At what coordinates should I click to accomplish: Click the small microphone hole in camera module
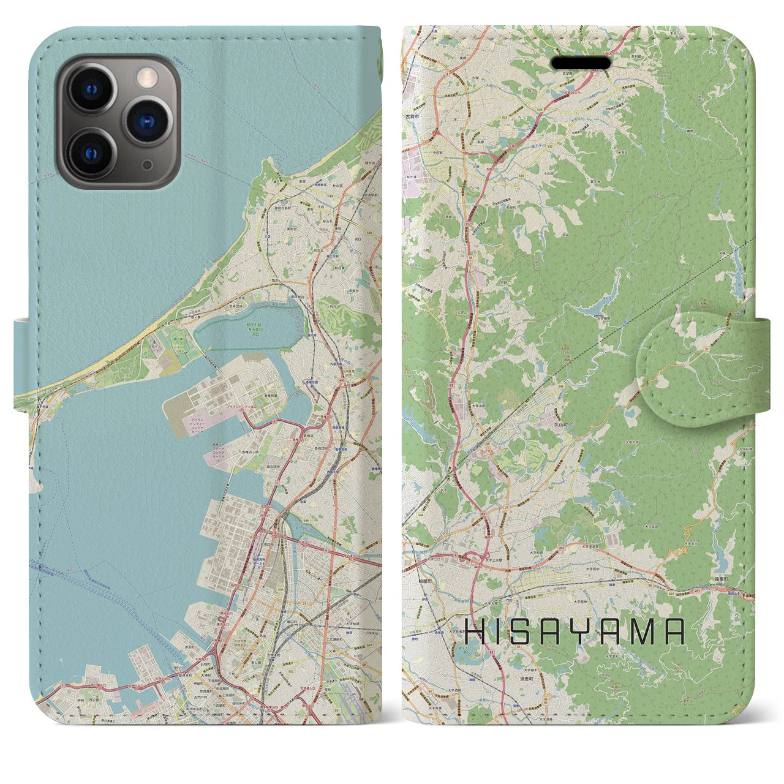(x=147, y=164)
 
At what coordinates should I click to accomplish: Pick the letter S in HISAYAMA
(x=522, y=631)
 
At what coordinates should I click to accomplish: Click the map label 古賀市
(x=411, y=116)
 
